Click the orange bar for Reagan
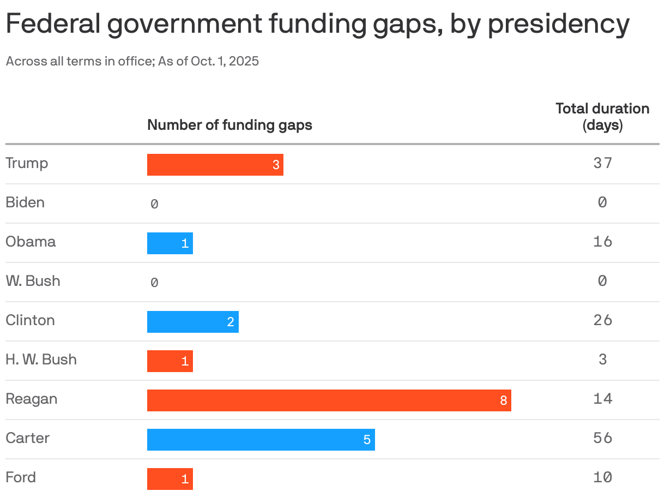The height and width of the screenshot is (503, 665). coord(329,400)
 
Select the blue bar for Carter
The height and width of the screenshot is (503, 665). coord(261,440)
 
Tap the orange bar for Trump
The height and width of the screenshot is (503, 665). coord(215,165)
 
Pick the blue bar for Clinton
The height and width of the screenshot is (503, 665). coord(192,322)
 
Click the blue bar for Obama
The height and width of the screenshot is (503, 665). coord(170,243)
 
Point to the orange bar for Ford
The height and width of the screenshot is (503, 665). coord(170,479)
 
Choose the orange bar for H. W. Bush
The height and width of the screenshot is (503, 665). coord(170,361)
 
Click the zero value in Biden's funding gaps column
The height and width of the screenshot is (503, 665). coord(154,204)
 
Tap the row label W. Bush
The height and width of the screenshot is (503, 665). coord(33,281)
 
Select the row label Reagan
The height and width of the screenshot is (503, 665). coord(31,399)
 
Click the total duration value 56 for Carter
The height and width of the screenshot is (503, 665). coord(602,438)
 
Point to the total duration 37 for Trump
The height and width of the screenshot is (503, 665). coord(602,163)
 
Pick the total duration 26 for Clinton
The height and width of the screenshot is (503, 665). coord(602,320)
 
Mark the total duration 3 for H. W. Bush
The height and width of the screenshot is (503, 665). coord(602,360)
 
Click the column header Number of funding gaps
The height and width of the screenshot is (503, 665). coord(229,125)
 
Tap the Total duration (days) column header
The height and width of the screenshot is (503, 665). coord(602,117)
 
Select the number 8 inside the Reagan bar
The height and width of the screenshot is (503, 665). coord(503,401)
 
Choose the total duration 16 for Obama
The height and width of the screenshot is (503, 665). coord(602,242)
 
